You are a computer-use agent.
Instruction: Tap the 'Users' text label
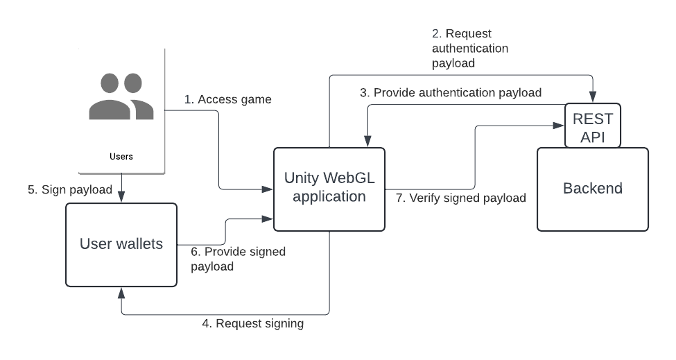[121, 157]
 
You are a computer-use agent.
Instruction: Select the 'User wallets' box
[121, 244]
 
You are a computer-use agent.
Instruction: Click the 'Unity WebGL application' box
[329, 189]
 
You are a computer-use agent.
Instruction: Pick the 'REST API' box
[593, 126]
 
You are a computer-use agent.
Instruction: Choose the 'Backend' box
[593, 189]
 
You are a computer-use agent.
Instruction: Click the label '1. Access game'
[227, 100]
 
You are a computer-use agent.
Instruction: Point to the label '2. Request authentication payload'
[470, 48]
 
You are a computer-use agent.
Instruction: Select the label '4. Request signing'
[253, 323]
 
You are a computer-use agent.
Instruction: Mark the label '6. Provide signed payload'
[238, 259]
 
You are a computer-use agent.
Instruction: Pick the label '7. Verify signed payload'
[461, 198]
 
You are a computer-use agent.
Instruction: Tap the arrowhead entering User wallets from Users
[121, 198]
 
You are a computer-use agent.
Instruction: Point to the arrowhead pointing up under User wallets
[121, 291]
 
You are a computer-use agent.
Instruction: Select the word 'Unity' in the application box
[300, 178]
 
